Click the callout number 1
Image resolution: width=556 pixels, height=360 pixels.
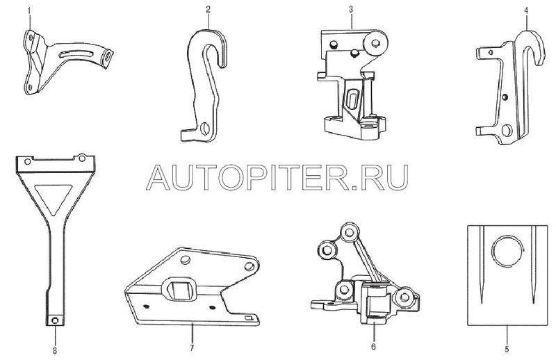coord(29,10)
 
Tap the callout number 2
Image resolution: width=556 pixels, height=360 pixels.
coord(208,10)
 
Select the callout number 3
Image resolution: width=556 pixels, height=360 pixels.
coord(351,9)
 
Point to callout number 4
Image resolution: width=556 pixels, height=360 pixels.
coord(526,10)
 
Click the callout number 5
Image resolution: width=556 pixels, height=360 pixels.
coord(507,349)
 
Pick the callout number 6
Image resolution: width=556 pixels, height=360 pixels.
coord(373,347)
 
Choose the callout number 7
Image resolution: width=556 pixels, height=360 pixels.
coord(192,348)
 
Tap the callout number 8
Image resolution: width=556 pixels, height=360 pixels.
coord(55,350)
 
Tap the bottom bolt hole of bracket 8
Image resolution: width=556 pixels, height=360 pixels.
coord(55,320)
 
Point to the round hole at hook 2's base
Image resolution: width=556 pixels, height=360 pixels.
coord(204,129)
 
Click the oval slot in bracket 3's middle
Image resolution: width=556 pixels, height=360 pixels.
coord(353,99)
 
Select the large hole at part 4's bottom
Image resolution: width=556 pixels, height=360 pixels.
coord(507,130)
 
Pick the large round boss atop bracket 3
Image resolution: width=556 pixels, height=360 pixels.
coord(375,44)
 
